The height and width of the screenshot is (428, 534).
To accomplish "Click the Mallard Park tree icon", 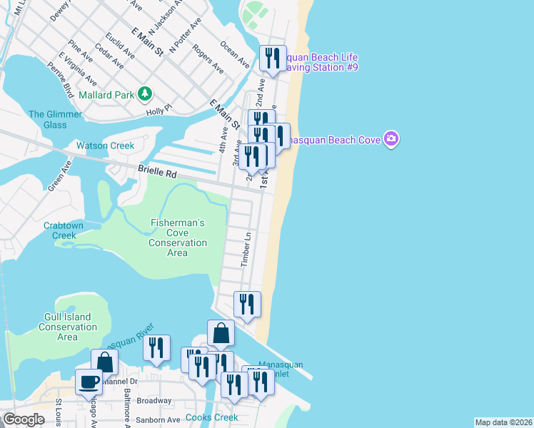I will click(145, 93).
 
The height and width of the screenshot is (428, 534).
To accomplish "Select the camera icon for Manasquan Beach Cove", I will click(391, 138).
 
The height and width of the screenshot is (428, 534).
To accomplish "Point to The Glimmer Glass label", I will click(47, 120).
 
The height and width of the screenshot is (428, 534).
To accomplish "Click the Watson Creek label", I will click(105, 146).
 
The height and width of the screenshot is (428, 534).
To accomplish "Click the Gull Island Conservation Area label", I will click(67, 327).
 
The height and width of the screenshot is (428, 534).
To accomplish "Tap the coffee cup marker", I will click(89, 382).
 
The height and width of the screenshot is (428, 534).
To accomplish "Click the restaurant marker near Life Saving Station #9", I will click(272, 58).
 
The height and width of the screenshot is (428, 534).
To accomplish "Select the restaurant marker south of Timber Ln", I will click(247, 304).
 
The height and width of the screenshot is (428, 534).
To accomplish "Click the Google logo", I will click(24, 419).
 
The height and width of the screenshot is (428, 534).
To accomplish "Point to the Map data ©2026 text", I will click(503, 422).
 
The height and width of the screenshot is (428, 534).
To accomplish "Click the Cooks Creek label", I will click(208, 417).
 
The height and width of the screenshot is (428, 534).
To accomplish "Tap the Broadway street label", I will click(154, 401).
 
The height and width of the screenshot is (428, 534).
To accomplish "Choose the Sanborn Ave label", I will click(158, 420).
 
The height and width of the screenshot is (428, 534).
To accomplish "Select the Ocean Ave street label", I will click(235, 54).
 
